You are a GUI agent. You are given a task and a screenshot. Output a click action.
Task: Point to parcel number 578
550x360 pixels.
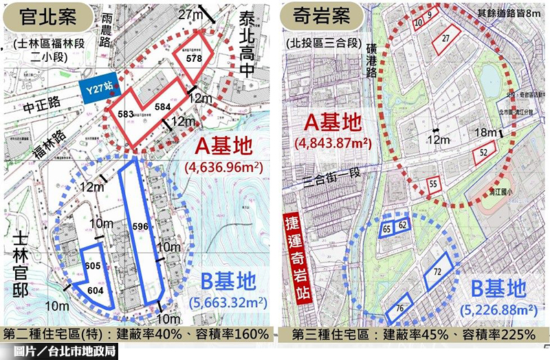tap(193, 60)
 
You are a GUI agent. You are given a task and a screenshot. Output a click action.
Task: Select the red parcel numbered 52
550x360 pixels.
tap(484, 152)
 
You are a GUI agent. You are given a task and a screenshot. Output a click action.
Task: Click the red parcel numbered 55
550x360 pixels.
tap(434, 183)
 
